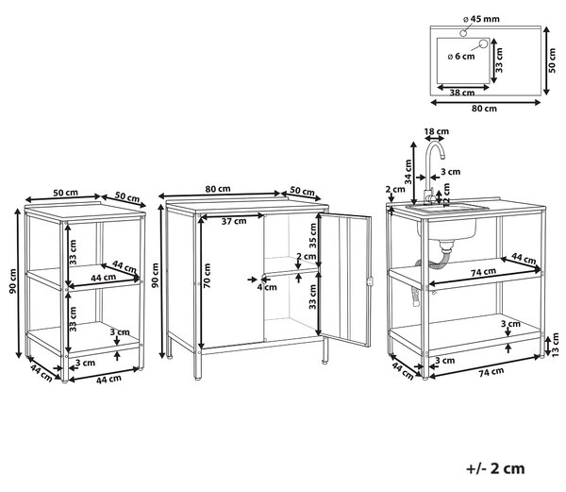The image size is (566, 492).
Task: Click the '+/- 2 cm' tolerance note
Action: (495, 468)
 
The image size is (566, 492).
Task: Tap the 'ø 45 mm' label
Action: (481, 19)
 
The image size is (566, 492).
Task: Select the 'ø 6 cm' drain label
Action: (461, 57)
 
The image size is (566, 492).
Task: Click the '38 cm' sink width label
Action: (462, 93)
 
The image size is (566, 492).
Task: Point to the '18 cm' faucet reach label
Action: (437, 131)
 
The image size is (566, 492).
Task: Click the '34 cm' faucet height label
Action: (408, 172)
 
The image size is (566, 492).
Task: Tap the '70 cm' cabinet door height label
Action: (207, 276)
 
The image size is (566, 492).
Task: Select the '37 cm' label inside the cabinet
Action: (234, 221)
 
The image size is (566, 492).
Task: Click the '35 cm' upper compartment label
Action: (312, 235)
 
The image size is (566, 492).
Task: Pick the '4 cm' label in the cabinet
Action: (267, 287)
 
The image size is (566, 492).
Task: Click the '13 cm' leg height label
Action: (556, 345)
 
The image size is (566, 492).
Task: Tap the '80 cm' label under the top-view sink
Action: (484, 109)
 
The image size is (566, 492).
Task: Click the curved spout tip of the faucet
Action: (442, 157)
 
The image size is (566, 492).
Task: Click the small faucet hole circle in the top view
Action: (463, 33)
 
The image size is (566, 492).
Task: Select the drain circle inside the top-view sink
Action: (483, 44)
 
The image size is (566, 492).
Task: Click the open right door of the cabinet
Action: (345, 280)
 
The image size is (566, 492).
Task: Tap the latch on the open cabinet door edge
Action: (369, 281)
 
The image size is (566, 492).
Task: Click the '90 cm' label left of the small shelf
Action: (13, 280)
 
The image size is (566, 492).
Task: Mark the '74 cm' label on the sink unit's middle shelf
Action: (483, 272)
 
